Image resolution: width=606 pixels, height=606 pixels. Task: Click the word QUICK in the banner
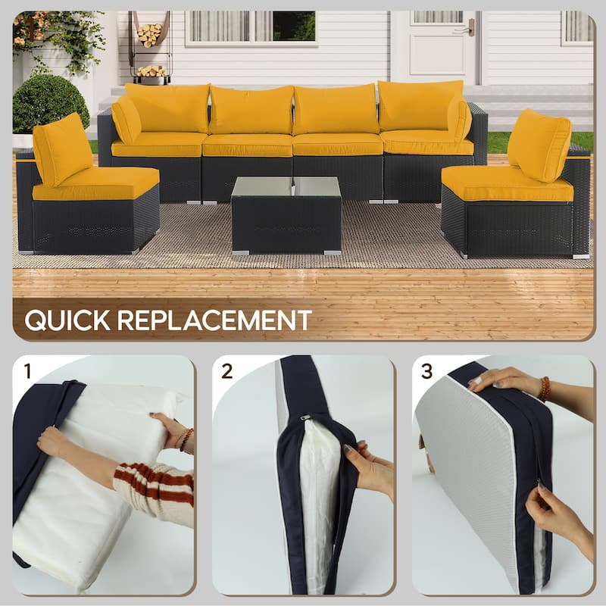click(x=67, y=320)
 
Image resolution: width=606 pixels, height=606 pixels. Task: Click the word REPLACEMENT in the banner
click(x=214, y=320)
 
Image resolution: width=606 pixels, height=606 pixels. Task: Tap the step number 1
click(x=28, y=371)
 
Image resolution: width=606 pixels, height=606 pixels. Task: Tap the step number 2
click(x=226, y=371)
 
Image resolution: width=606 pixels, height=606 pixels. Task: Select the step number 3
click(x=426, y=371)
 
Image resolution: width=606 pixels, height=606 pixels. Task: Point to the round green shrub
click(x=51, y=104)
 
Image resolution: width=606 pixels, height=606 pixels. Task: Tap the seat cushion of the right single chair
click(x=505, y=184)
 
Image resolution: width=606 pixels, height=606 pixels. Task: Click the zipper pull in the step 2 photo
click(x=305, y=417)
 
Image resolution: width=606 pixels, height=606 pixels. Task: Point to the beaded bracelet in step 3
click(x=543, y=389)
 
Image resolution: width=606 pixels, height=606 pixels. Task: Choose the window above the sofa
click(x=251, y=27)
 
